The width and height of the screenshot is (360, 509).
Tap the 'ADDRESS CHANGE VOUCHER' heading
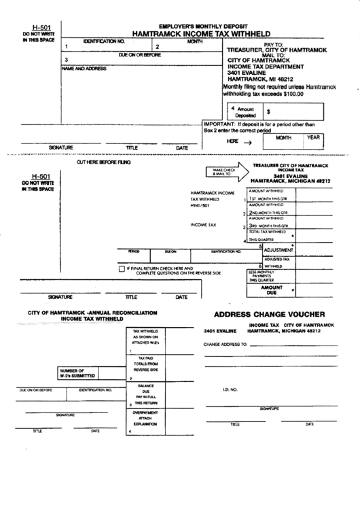tap(270, 315)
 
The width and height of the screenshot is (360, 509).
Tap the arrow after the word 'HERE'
tap(248, 142)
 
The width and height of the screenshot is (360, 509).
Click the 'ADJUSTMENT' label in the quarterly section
tap(272, 250)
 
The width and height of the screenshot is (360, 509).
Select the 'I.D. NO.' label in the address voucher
tap(229, 389)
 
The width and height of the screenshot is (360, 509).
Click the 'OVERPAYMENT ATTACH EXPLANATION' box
tap(145, 417)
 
